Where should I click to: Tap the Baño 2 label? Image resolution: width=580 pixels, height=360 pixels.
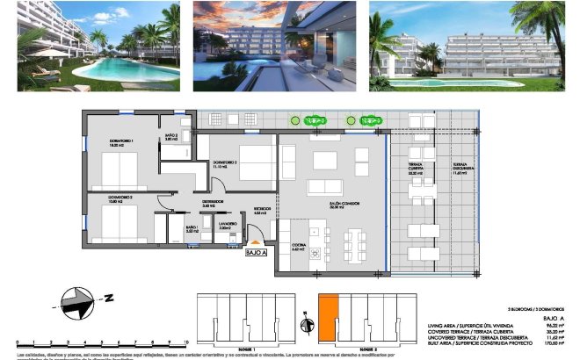[171, 136]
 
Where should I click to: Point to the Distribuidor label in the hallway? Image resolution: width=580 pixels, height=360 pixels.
[212, 203]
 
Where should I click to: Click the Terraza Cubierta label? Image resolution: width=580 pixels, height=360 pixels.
[416, 169]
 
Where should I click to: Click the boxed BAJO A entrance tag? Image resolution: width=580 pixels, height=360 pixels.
[255, 251]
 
